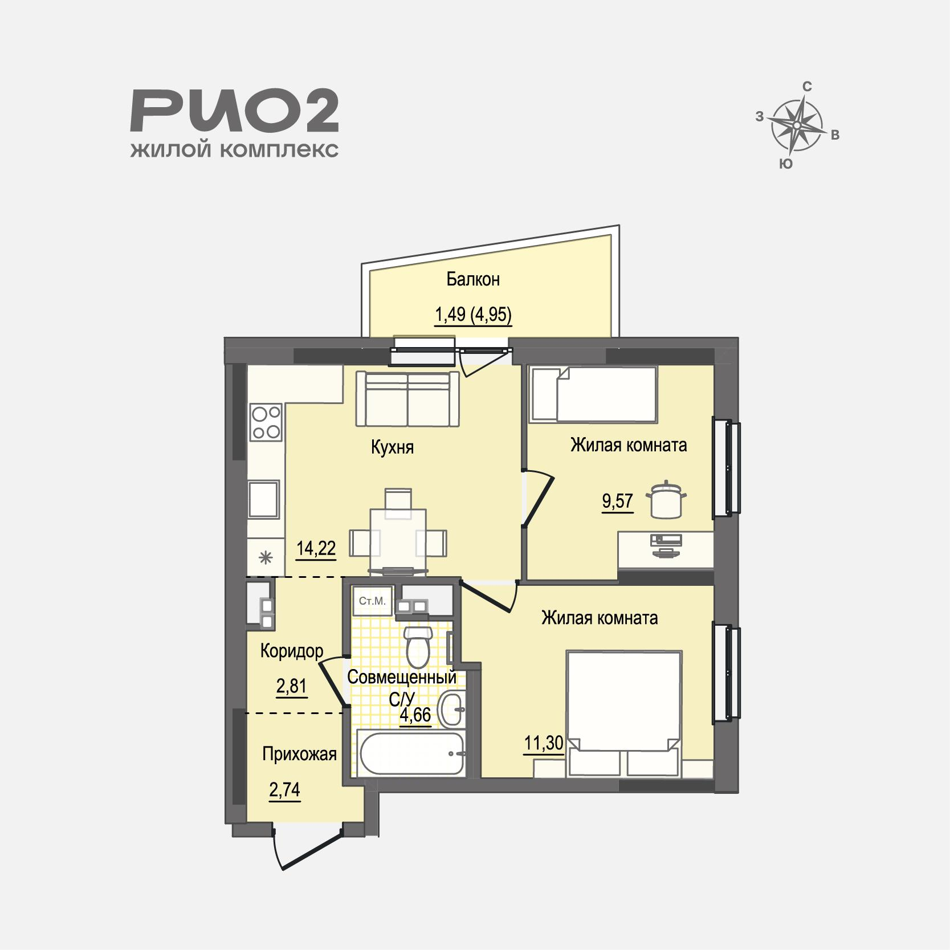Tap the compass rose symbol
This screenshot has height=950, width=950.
pyautogui.click(x=798, y=124)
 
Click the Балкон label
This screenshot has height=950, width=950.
pyautogui.click(x=473, y=279)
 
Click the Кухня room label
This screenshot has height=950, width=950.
pyautogui.click(x=392, y=447)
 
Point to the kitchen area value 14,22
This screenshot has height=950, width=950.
pyautogui.click(x=316, y=548)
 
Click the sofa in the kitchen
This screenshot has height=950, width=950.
pyautogui.click(x=407, y=398)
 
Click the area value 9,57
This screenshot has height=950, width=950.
pyautogui.click(x=618, y=500)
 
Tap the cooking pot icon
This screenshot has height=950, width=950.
pyautogui.click(x=666, y=500)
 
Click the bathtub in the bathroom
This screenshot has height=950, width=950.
pyautogui.click(x=411, y=753)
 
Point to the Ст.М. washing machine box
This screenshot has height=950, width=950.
pyautogui.click(x=372, y=601)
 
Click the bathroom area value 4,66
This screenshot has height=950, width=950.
pyautogui.click(x=415, y=715)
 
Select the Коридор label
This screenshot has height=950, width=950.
pyautogui.click(x=292, y=651)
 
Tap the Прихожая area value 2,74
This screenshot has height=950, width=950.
pyautogui.click(x=285, y=790)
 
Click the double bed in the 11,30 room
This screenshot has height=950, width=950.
pyautogui.click(x=623, y=713)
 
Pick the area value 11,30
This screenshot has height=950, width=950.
pyautogui.click(x=544, y=744)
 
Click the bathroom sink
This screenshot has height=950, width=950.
pyautogui.click(x=453, y=709)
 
